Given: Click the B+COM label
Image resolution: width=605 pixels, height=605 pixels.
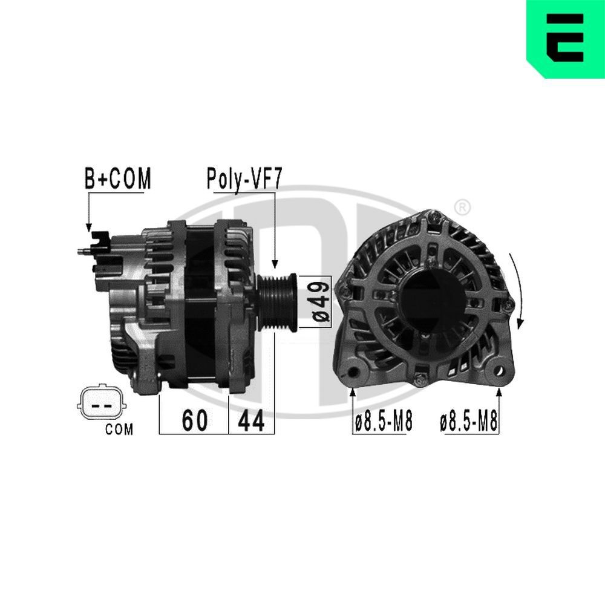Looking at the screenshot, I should coord(117,179).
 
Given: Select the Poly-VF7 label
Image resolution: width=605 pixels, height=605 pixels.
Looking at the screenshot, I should coord(244,179).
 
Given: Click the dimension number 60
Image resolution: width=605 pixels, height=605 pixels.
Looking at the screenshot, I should coord(194,421).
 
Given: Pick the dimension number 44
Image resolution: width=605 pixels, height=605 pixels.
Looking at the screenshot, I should coord(251,421).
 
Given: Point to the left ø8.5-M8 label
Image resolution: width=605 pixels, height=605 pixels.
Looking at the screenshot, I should coord(383,422).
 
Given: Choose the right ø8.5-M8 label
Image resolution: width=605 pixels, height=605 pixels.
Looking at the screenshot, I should coord(469,422).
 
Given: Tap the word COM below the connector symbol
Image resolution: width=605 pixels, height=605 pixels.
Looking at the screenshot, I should coord(119,430).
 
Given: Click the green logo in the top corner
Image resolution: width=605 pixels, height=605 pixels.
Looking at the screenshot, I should coord(565,39).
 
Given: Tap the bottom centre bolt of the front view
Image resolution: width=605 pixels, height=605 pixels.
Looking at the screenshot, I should coord(419,381).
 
